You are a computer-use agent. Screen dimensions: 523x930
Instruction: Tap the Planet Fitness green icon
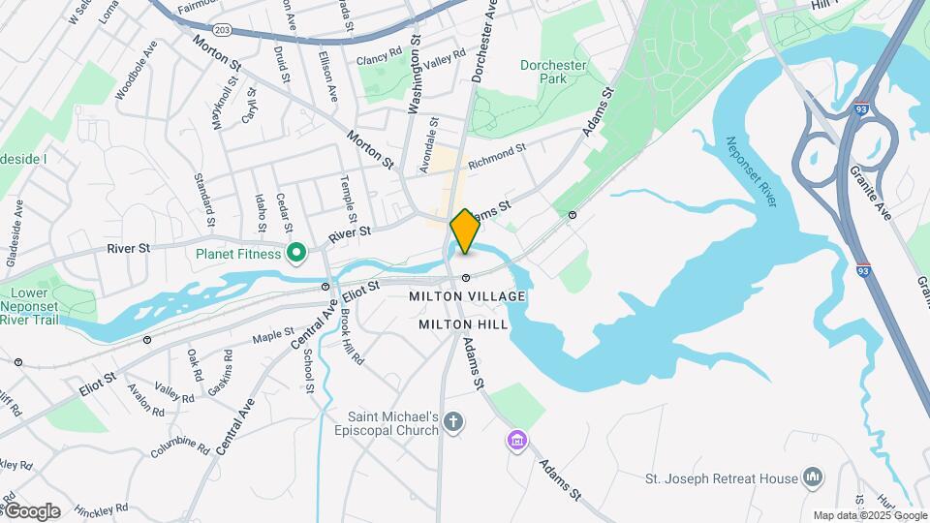[297, 255]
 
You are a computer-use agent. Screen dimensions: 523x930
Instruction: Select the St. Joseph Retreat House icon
[813, 477]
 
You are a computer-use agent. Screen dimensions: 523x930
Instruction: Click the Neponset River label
[753, 172]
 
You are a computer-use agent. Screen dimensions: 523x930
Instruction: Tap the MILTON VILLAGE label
[467, 296]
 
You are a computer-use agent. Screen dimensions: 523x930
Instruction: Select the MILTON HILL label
[463, 325]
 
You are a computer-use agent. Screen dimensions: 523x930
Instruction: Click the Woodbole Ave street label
[136, 71]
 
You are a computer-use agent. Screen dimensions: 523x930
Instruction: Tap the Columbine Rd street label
[180, 446]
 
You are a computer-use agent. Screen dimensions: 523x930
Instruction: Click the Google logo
[31, 511]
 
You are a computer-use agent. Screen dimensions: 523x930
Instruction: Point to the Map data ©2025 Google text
[869, 515]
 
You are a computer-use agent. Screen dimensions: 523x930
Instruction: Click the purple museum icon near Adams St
[517, 443]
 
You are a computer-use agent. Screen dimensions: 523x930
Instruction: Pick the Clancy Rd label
[379, 58]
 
